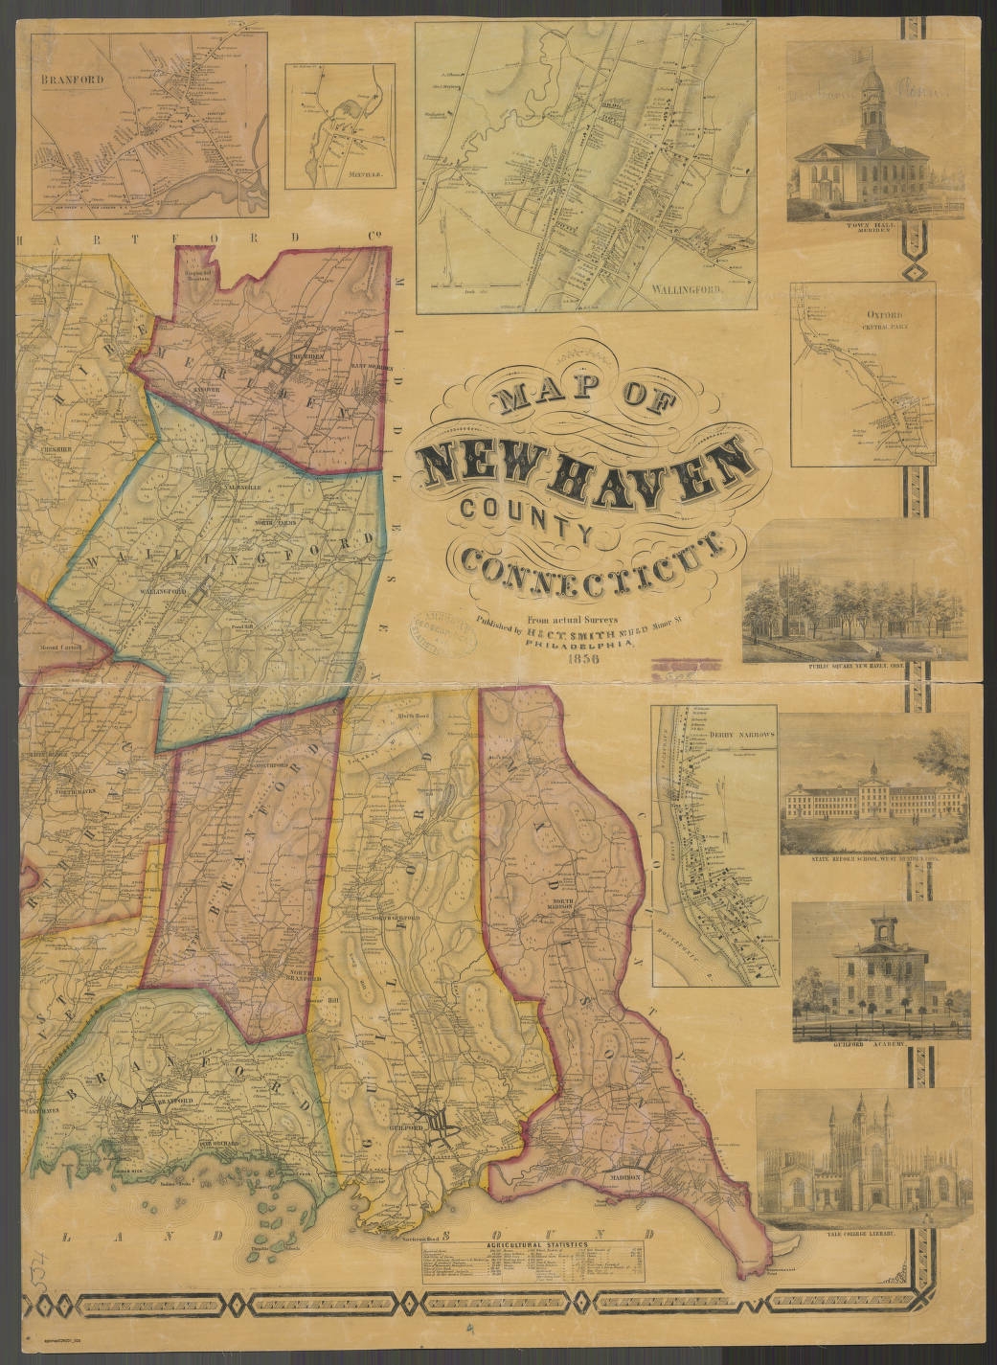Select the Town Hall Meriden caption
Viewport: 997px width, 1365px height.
[x=870, y=228]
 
